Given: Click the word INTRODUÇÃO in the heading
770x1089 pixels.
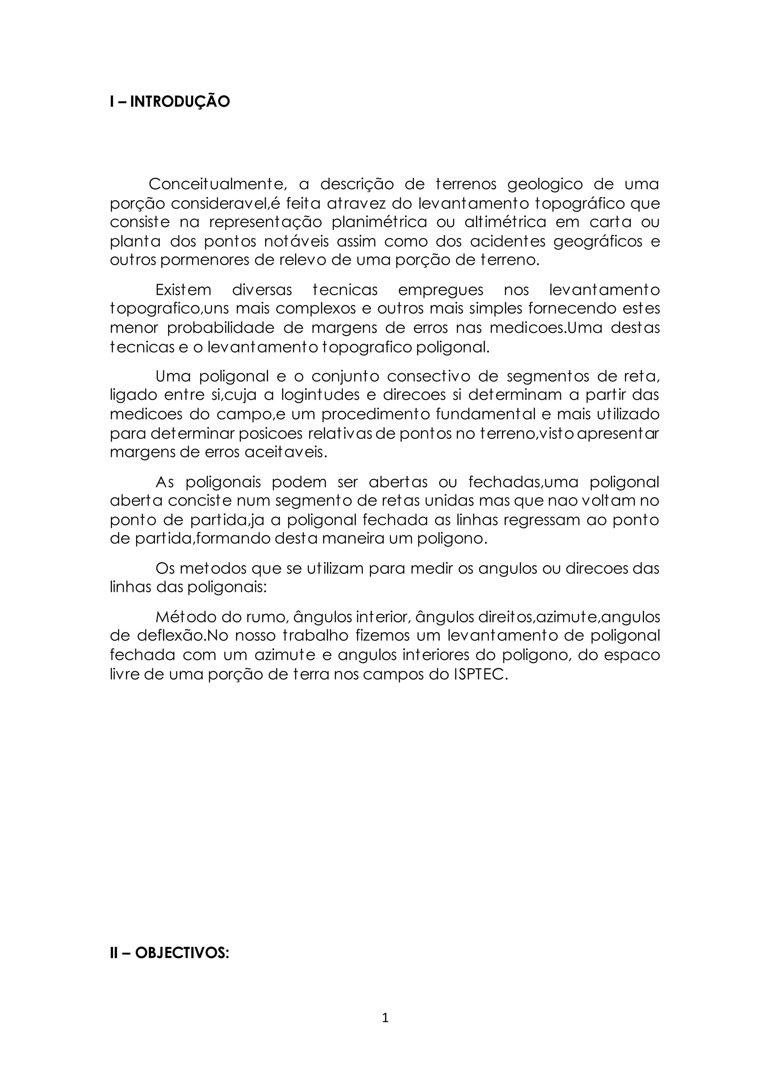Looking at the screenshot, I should pos(180,102).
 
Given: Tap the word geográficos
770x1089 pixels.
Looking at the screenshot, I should pos(598,241).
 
